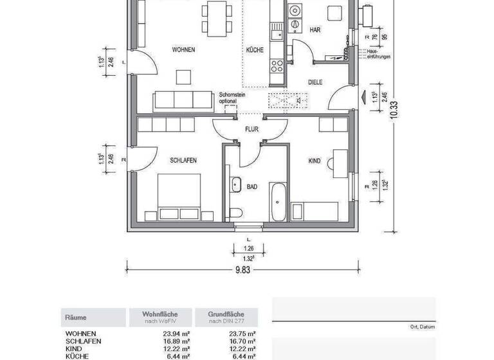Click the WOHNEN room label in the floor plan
[x=183, y=50]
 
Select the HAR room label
[x=315, y=30]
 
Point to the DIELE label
[x=315, y=82]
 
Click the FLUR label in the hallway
[x=252, y=129]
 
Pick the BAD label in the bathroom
[x=252, y=187]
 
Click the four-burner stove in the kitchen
[x=277, y=64]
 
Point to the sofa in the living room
[x=183, y=101]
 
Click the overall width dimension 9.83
[x=243, y=270]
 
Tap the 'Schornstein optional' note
[x=232, y=97]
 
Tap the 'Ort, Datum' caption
[x=422, y=327]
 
